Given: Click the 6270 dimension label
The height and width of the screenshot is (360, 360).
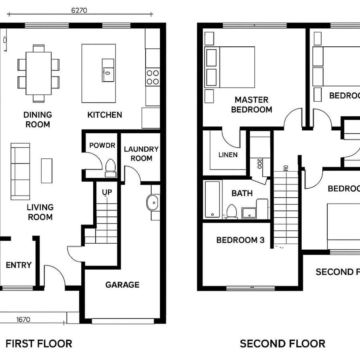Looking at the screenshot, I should [x=79, y=10].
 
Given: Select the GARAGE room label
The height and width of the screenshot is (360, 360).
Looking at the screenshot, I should [x=122, y=285].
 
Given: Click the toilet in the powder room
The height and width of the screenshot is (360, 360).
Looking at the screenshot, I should [x=110, y=167].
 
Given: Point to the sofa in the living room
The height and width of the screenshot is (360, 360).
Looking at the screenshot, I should [x=20, y=171].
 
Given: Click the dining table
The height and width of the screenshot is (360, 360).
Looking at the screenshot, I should [x=38, y=73].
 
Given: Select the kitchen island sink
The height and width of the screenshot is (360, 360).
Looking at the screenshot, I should [x=108, y=70].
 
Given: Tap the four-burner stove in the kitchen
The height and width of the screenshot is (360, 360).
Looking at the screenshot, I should [x=152, y=77].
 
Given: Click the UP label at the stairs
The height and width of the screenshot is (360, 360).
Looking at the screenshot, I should [x=107, y=192].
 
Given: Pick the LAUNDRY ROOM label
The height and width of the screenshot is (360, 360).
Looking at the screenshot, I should [x=141, y=154].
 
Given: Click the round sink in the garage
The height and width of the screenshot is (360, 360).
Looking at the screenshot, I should [x=153, y=203].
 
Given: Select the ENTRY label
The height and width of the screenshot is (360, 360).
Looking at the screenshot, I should [x=18, y=265].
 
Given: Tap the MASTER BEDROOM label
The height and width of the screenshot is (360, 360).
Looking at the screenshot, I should [x=252, y=104].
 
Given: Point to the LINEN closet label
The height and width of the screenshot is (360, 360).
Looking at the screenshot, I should [x=228, y=155].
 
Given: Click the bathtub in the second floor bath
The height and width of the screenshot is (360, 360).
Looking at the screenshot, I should [x=212, y=199].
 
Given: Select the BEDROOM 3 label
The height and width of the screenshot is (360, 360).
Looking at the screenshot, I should [x=240, y=240].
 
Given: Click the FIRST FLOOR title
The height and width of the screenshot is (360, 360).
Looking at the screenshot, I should [x=39, y=343].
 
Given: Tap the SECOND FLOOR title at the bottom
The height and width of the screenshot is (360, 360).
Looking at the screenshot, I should [x=282, y=343].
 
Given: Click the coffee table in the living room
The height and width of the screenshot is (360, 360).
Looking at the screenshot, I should [x=46, y=171].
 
